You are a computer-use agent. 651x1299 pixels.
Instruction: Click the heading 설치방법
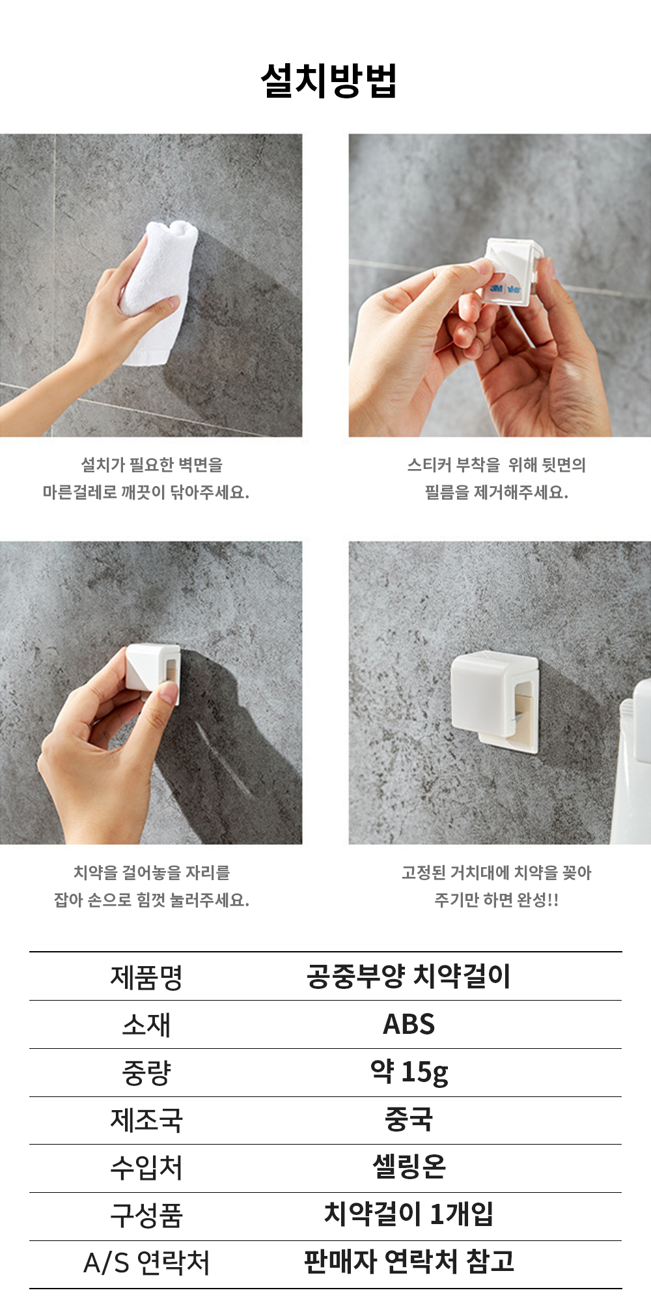click(329, 81)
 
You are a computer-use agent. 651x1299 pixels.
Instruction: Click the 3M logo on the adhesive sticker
click(497, 288)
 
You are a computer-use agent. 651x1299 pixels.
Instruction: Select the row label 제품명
click(146, 977)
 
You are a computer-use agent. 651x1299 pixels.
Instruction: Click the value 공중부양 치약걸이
click(409, 976)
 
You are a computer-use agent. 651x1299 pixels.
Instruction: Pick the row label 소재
click(146, 1025)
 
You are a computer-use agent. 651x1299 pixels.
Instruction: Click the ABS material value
click(409, 1025)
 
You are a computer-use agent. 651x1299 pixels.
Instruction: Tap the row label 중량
click(146, 1073)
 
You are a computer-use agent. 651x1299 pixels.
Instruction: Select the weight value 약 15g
click(409, 1072)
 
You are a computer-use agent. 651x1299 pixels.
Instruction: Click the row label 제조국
click(146, 1121)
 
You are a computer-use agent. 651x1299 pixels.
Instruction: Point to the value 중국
click(409, 1120)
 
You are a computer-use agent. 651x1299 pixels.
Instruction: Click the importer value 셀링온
click(409, 1167)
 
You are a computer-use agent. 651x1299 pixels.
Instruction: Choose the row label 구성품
click(146, 1216)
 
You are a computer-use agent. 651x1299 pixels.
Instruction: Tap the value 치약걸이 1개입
click(409, 1214)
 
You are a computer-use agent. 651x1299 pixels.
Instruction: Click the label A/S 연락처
click(146, 1264)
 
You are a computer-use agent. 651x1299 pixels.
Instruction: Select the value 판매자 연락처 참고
click(409, 1263)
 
